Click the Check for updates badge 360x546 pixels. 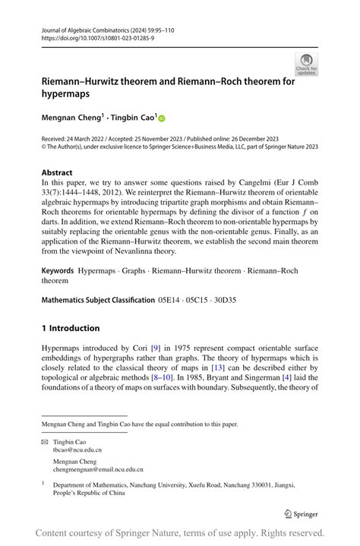click(306, 64)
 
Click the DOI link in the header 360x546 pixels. click(90, 37)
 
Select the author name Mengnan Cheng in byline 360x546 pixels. click(71, 118)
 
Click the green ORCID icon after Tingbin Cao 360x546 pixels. click(161, 118)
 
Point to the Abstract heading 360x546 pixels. click(58, 172)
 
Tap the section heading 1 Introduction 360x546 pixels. click(71, 328)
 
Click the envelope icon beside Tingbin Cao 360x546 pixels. click(44, 441)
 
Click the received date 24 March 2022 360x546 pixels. click(93, 139)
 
